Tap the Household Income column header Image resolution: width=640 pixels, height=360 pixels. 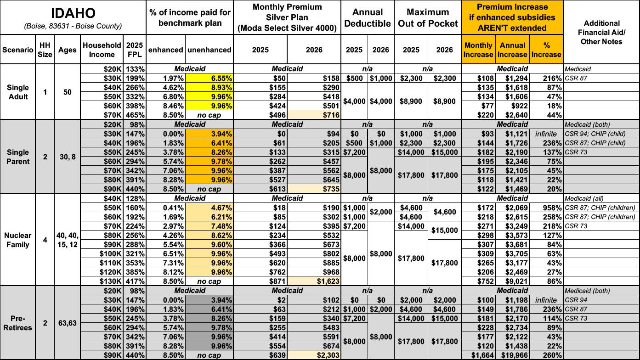102,50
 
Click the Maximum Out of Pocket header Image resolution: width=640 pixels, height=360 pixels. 427,17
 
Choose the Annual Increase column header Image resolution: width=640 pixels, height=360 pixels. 512,50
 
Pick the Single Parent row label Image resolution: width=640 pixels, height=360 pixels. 17,157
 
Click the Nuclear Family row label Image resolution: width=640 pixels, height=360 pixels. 17,240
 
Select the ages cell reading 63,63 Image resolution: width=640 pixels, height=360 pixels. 67,323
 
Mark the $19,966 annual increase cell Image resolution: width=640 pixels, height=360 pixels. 512,355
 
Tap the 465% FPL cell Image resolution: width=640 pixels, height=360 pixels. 136,115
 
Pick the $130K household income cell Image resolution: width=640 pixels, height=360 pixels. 110,281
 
